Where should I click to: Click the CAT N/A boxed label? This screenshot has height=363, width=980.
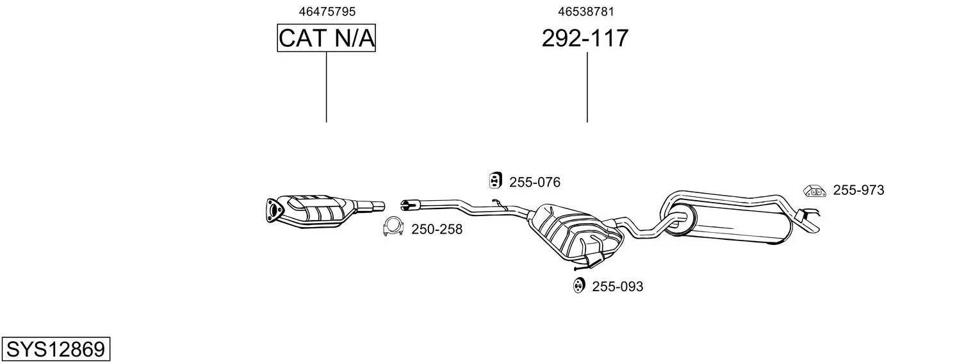[x=327, y=38]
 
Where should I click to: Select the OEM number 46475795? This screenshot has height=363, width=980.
[x=327, y=12]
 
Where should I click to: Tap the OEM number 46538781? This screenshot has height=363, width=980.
[x=586, y=12]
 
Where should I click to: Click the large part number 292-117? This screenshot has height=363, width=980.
[x=585, y=38]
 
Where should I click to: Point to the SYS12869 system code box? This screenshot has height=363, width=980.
[x=56, y=349]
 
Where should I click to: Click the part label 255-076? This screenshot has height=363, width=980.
[x=535, y=182]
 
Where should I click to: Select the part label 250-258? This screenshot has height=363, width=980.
[x=437, y=229]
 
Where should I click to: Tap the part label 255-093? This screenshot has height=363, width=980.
[x=617, y=287]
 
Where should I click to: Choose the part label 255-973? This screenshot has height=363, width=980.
[x=858, y=190]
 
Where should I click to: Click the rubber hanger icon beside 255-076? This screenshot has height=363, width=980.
[x=495, y=180]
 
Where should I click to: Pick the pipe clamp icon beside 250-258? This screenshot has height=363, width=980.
[x=393, y=226]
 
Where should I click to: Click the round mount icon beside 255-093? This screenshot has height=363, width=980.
[x=578, y=285]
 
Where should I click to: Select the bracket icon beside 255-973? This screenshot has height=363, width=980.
[x=814, y=191]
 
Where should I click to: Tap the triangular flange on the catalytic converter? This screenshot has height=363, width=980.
[x=274, y=211]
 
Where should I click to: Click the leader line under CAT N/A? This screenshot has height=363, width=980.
[x=327, y=87]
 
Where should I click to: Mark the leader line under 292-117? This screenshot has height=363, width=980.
[x=587, y=87]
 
